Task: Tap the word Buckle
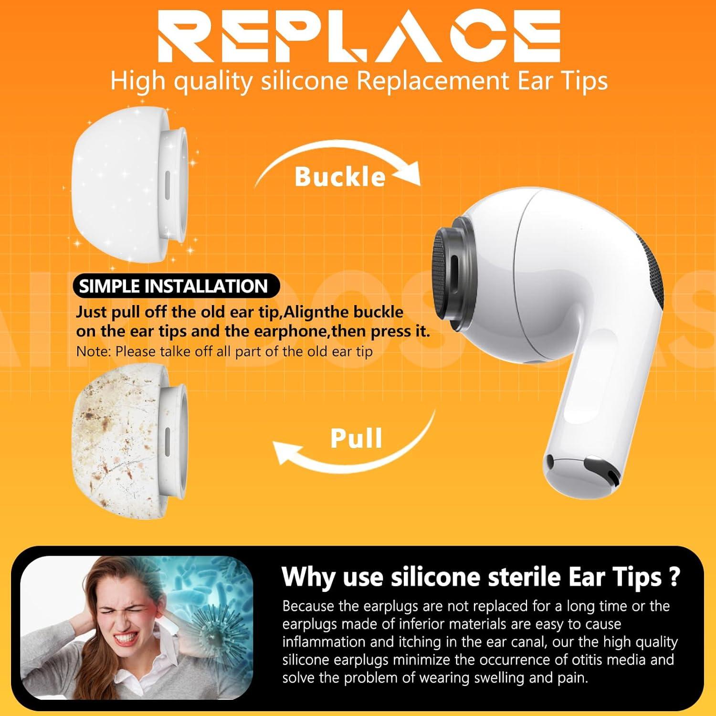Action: pos(339,177)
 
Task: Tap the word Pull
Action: pos(356,438)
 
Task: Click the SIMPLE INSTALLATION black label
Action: pos(173,286)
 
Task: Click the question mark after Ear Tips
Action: pos(674,577)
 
